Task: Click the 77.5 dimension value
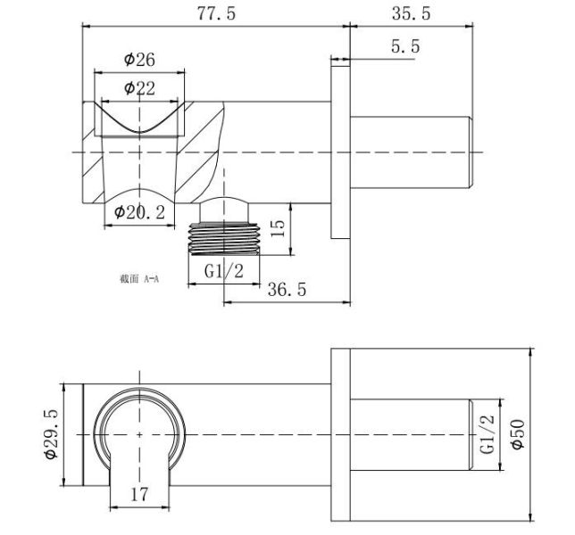tap(216, 13)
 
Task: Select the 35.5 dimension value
tap(411, 13)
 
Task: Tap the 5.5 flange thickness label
tap(405, 46)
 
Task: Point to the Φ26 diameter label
tap(139, 60)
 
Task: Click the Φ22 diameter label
tap(139, 88)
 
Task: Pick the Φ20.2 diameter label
tap(139, 212)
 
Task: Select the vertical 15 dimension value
tap(279, 228)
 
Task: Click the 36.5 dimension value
tap(287, 289)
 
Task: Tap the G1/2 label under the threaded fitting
tap(224, 271)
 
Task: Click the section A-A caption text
tap(139, 279)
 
